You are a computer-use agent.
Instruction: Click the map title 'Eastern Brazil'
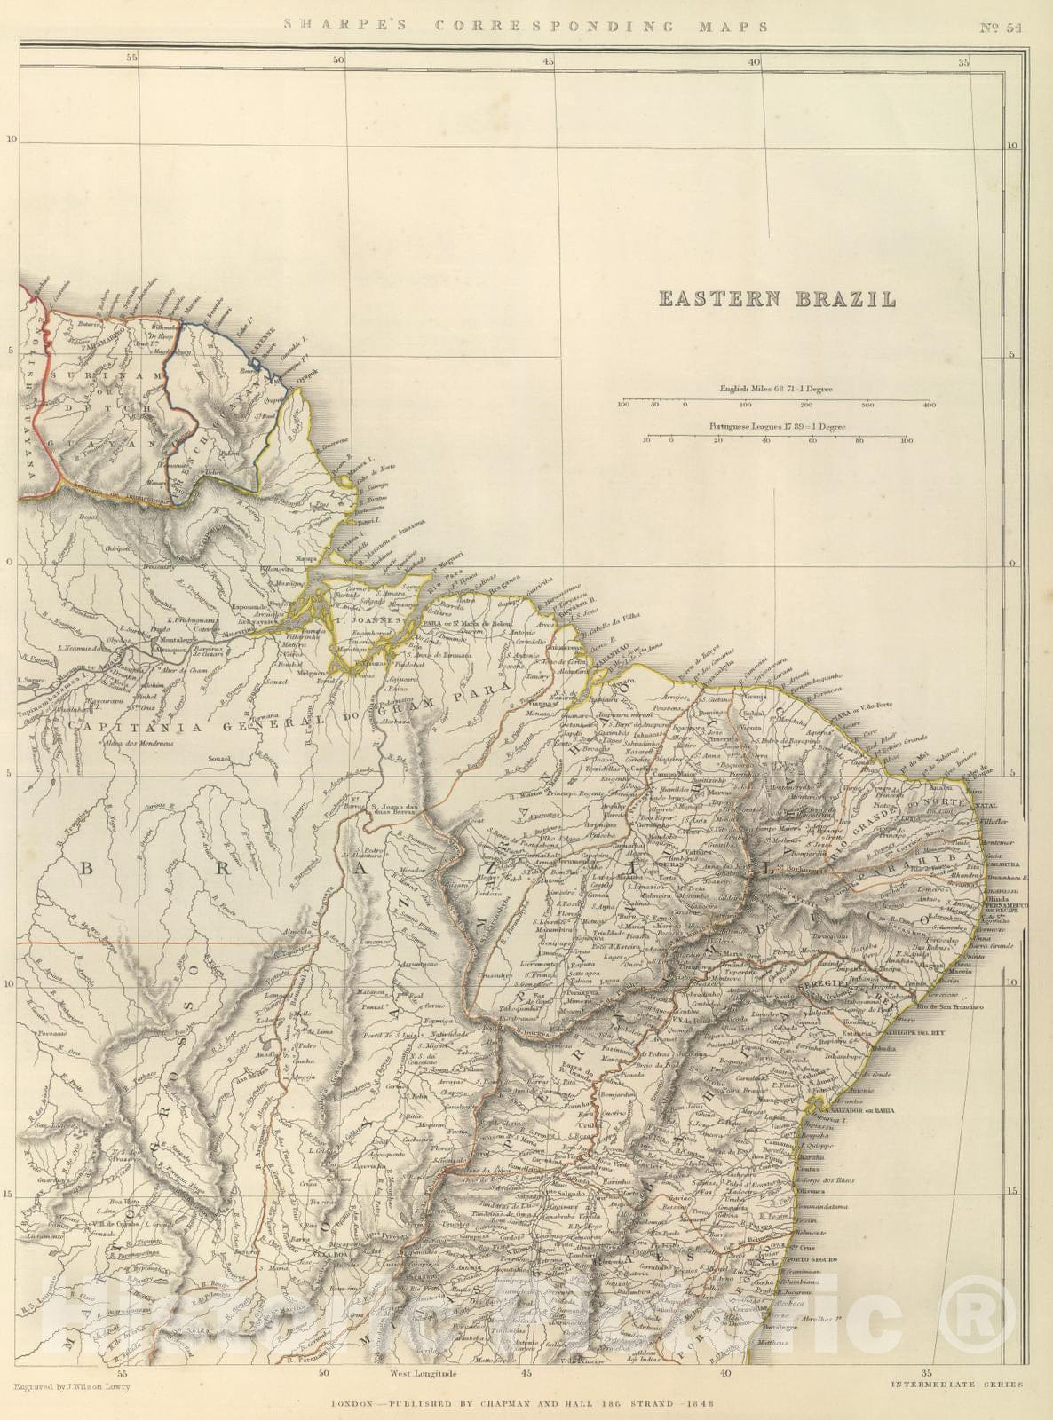(777, 299)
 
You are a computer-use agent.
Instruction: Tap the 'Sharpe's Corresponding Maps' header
(526, 26)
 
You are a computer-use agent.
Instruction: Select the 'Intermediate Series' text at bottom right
(955, 1384)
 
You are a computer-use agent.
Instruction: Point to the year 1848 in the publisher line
(698, 1405)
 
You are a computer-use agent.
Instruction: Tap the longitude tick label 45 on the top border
(548, 61)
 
